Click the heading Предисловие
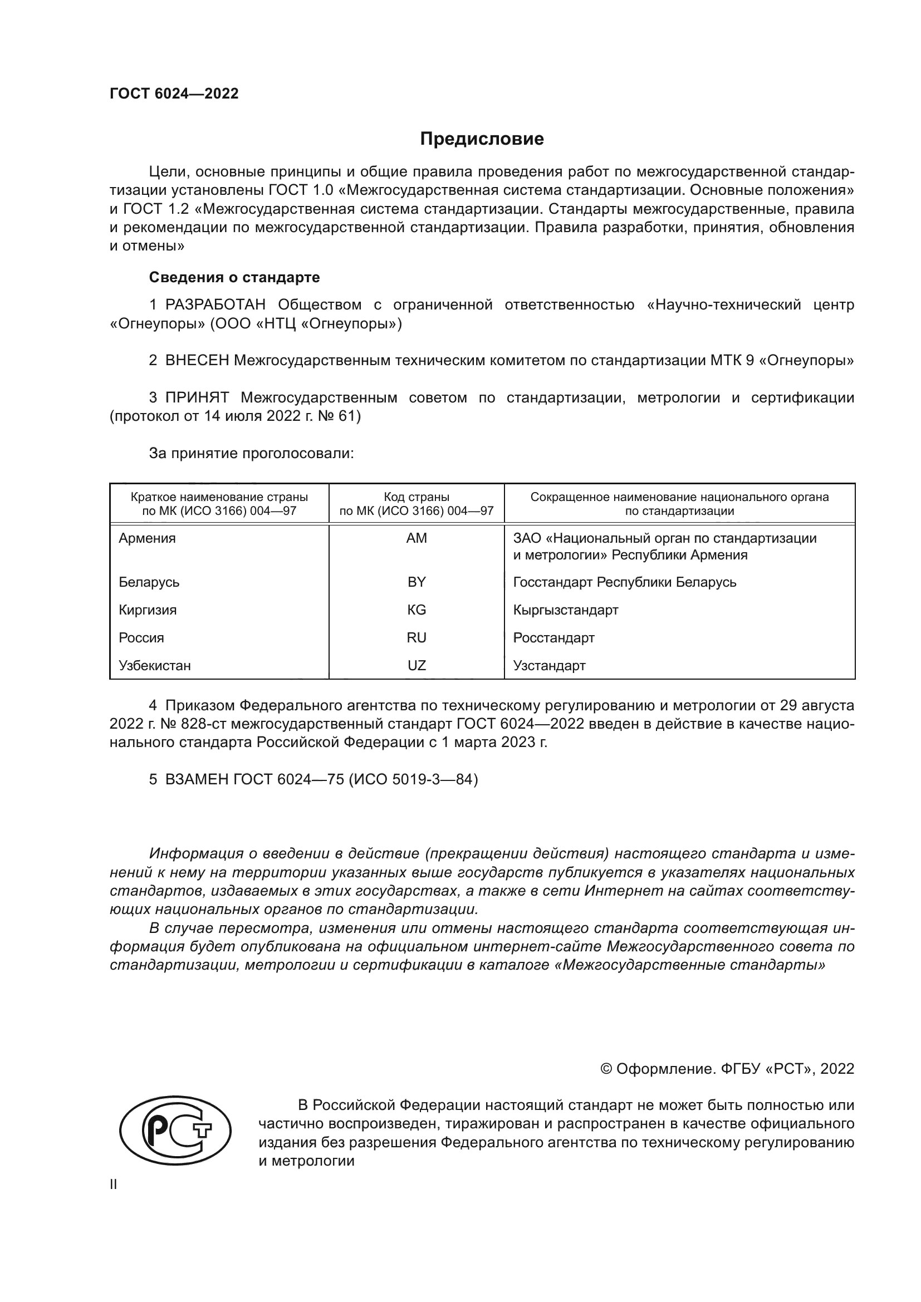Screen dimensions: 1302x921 click(x=482, y=139)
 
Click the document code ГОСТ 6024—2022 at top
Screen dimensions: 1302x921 click(x=174, y=94)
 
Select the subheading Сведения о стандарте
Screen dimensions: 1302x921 click(x=234, y=277)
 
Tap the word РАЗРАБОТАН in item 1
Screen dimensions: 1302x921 click(x=215, y=305)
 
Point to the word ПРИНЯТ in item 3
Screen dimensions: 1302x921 click(x=197, y=397)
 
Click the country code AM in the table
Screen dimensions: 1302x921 click(x=417, y=538)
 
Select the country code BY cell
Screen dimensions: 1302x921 click(x=417, y=582)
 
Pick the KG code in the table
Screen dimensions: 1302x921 click(x=417, y=610)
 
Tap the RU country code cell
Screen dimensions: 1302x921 click(x=417, y=637)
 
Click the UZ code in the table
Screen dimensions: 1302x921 click(x=417, y=665)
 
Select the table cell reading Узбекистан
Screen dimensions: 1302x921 click(x=155, y=666)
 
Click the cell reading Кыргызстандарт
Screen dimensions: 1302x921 click(x=565, y=610)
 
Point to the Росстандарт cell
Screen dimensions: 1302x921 click(x=553, y=638)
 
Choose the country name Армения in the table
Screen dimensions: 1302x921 click(x=147, y=538)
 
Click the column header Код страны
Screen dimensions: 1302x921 click(x=417, y=497)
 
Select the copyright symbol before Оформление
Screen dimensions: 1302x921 click(x=606, y=1069)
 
